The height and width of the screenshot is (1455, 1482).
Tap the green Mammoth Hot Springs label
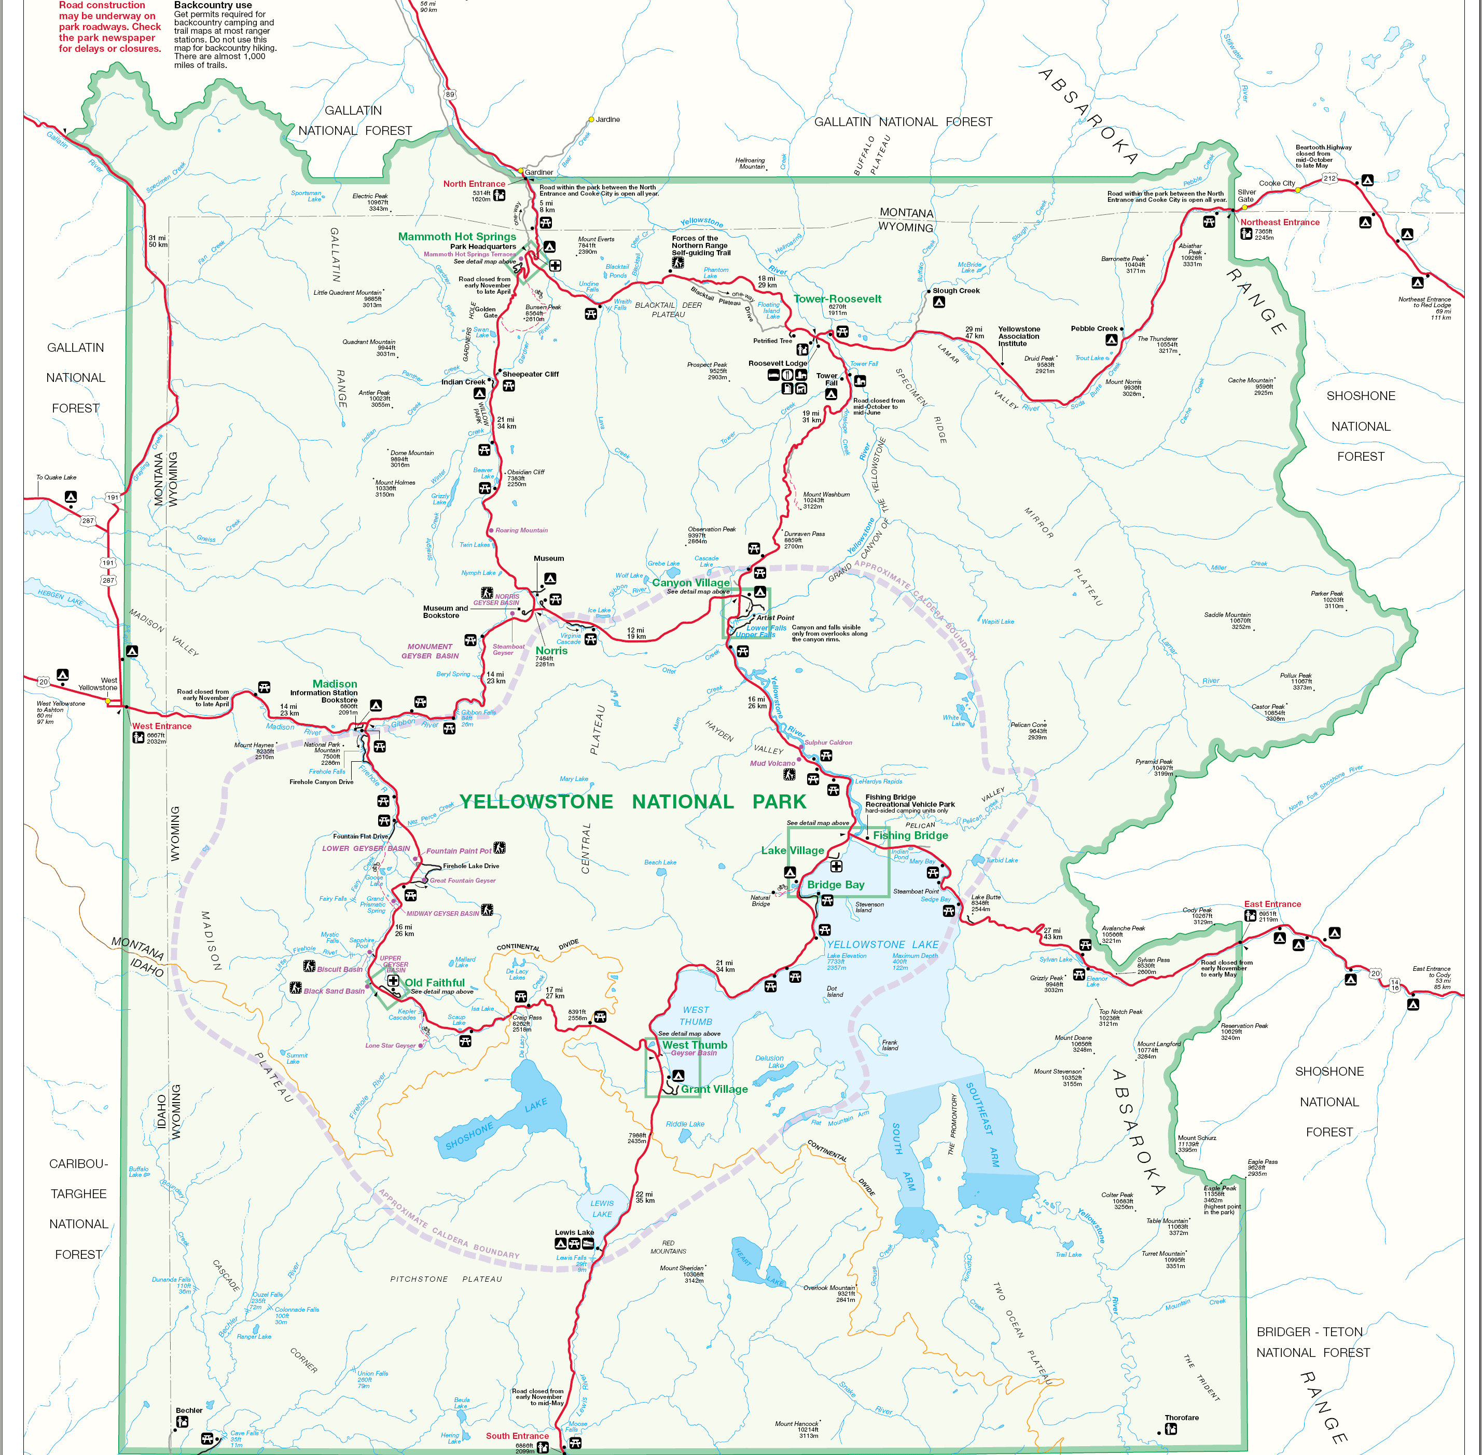[x=457, y=236]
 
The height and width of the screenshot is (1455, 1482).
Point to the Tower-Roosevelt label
[x=837, y=299]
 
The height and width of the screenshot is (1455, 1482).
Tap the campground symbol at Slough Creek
[x=939, y=302]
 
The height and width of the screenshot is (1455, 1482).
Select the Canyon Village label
[x=690, y=582]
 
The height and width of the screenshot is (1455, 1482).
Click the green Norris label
[x=551, y=650]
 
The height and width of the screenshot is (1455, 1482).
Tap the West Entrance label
[x=161, y=726]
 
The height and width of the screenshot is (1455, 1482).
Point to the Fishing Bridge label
[x=910, y=835]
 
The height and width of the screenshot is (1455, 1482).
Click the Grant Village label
[x=714, y=1089]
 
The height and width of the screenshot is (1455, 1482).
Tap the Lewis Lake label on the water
[x=602, y=1208]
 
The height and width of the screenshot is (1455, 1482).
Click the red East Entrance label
[x=1272, y=904]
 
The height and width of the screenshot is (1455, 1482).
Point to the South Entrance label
[x=517, y=1436]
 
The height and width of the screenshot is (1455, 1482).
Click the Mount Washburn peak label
[x=826, y=495]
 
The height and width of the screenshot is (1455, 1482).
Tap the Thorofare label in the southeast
[x=1181, y=1418]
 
